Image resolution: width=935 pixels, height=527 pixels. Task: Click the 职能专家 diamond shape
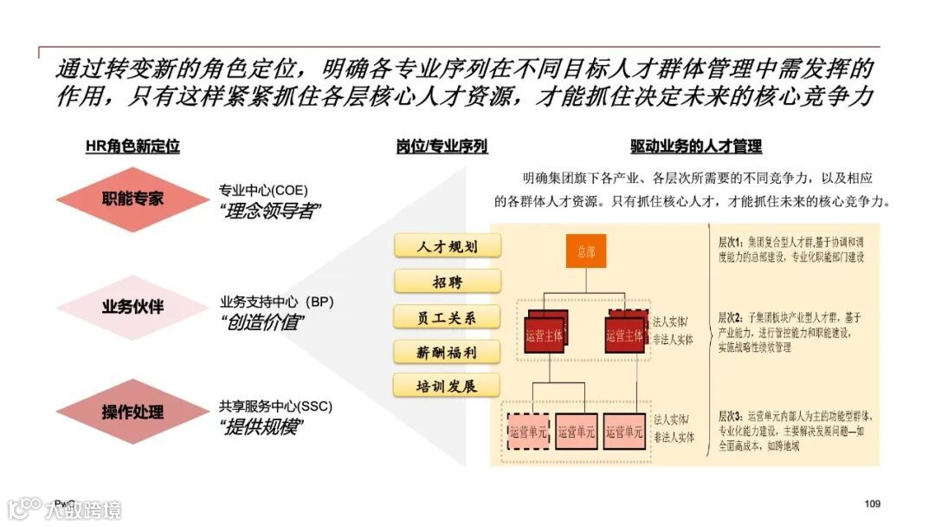pos(132,198)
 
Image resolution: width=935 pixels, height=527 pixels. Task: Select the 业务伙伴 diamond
pos(132,306)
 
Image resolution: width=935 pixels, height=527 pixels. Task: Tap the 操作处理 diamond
pos(132,412)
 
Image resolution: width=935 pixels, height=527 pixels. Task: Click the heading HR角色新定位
pos(132,146)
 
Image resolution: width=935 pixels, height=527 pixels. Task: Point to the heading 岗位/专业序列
pos(442,146)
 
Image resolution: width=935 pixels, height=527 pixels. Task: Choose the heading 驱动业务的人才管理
pos(696,146)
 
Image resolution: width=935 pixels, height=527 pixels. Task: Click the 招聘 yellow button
pos(447,282)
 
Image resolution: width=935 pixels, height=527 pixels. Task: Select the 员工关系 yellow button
pos(447,316)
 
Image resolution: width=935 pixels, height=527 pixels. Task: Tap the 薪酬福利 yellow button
pos(447,351)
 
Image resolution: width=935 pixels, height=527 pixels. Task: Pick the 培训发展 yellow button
pos(447,386)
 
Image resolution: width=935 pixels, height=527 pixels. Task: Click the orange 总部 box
pos(586,251)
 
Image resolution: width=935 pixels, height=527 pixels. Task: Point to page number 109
pos(872,504)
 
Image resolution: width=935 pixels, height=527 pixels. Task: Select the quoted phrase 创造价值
pos(263,322)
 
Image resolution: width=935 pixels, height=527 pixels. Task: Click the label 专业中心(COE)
pos(263,190)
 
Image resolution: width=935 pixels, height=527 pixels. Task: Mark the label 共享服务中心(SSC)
pos(275,406)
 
